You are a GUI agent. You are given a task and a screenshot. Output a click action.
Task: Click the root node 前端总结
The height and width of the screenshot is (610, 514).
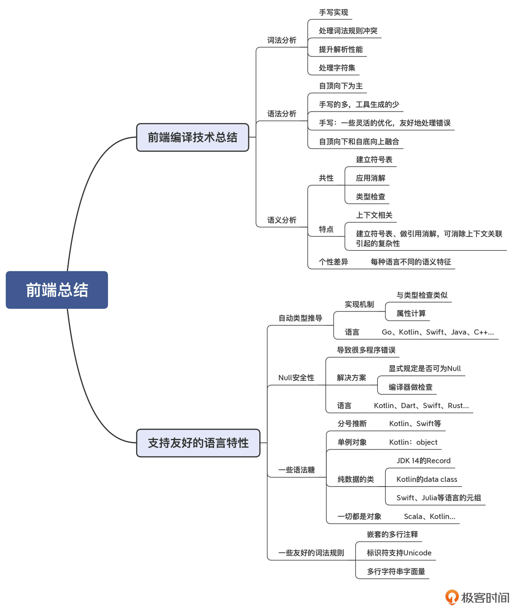(57, 290)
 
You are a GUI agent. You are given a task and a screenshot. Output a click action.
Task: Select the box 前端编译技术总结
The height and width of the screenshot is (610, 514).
(192, 137)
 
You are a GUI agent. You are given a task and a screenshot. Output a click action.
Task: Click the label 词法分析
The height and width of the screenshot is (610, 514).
(282, 40)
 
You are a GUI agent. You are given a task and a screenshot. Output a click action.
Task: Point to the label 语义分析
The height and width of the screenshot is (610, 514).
(282, 220)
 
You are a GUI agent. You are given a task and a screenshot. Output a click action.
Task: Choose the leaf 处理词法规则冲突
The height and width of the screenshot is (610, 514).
(348, 31)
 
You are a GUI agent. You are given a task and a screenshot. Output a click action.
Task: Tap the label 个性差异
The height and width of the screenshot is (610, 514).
(333, 262)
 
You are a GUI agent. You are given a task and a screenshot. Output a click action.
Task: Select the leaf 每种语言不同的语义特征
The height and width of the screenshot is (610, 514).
(410, 262)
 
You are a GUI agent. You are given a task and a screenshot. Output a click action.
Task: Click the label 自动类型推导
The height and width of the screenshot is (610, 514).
(300, 318)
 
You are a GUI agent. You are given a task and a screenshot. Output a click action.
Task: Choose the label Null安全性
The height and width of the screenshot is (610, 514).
(296, 378)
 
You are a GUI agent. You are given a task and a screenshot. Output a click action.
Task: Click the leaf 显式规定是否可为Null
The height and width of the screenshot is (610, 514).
(425, 369)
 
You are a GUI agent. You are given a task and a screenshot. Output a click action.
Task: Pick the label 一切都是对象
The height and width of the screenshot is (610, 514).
(359, 516)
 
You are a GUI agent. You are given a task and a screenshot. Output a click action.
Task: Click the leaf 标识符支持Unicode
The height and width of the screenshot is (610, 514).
(399, 553)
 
